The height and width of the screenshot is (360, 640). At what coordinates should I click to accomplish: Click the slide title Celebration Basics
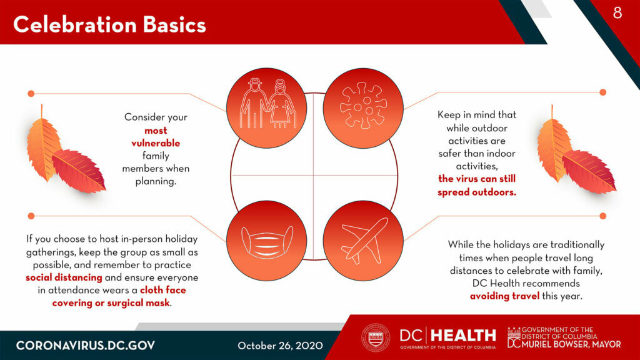point(109,24)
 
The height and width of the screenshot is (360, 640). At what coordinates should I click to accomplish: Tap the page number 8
point(617,12)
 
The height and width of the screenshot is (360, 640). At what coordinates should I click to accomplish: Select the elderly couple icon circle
point(266,108)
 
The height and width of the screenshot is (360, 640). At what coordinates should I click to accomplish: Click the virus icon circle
point(363,108)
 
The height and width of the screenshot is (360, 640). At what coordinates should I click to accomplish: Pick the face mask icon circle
point(266,241)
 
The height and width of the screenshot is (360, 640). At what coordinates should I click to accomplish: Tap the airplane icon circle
point(363,241)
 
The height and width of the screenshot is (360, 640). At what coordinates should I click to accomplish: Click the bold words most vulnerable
point(156,137)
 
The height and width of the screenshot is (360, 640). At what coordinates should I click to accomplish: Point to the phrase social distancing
point(64,277)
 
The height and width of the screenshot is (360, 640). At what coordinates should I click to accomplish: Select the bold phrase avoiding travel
point(504,296)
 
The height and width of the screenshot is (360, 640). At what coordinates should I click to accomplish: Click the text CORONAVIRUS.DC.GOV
point(85,346)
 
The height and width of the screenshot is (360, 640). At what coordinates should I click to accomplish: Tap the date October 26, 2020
point(280,346)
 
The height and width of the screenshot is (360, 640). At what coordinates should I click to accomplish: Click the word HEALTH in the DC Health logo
point(463,336)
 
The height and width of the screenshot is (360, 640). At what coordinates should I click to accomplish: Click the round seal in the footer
point(376,338)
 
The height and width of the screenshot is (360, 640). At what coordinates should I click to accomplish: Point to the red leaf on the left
point(78,171)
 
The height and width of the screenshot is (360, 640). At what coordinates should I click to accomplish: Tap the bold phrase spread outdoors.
point(477,192)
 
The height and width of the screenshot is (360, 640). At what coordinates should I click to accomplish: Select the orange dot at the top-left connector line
point(31,94)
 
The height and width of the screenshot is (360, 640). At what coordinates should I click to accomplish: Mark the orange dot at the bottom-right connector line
point(603,216)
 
